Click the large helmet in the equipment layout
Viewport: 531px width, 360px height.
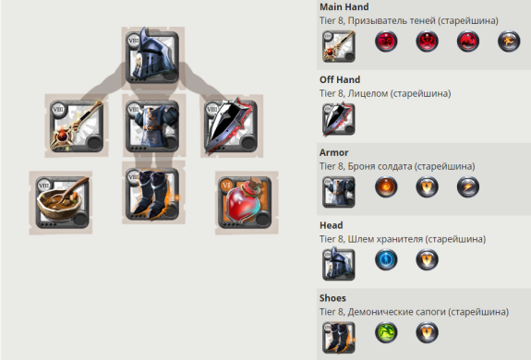tap(152, 55)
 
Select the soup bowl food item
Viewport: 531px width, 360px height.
tap(62, 202)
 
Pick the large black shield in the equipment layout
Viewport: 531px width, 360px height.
tap(231, 126)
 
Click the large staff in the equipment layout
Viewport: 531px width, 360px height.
tap(77, 126)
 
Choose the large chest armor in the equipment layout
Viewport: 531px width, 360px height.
tap(152, 126)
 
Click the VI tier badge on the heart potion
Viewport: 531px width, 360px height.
tap(226, 185)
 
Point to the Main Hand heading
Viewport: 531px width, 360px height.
tap(344, 6)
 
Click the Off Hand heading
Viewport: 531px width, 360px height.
tap(340, 79)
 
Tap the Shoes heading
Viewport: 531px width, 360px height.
tap(332, 298)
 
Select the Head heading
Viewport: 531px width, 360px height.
tap(332, 225)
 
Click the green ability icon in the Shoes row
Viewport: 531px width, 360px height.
tap(386, 332)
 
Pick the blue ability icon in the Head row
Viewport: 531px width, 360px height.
tap(386, 259)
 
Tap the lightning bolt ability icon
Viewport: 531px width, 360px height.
tap(468, 186)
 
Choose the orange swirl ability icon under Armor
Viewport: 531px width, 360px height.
tap(386, 186)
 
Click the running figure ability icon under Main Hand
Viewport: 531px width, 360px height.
tap(509, 42)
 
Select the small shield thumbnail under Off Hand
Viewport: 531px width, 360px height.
tap(339, 119)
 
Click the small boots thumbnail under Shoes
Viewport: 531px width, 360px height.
tap(339, 337)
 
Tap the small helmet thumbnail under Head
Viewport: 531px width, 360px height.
tap(339, 264)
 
